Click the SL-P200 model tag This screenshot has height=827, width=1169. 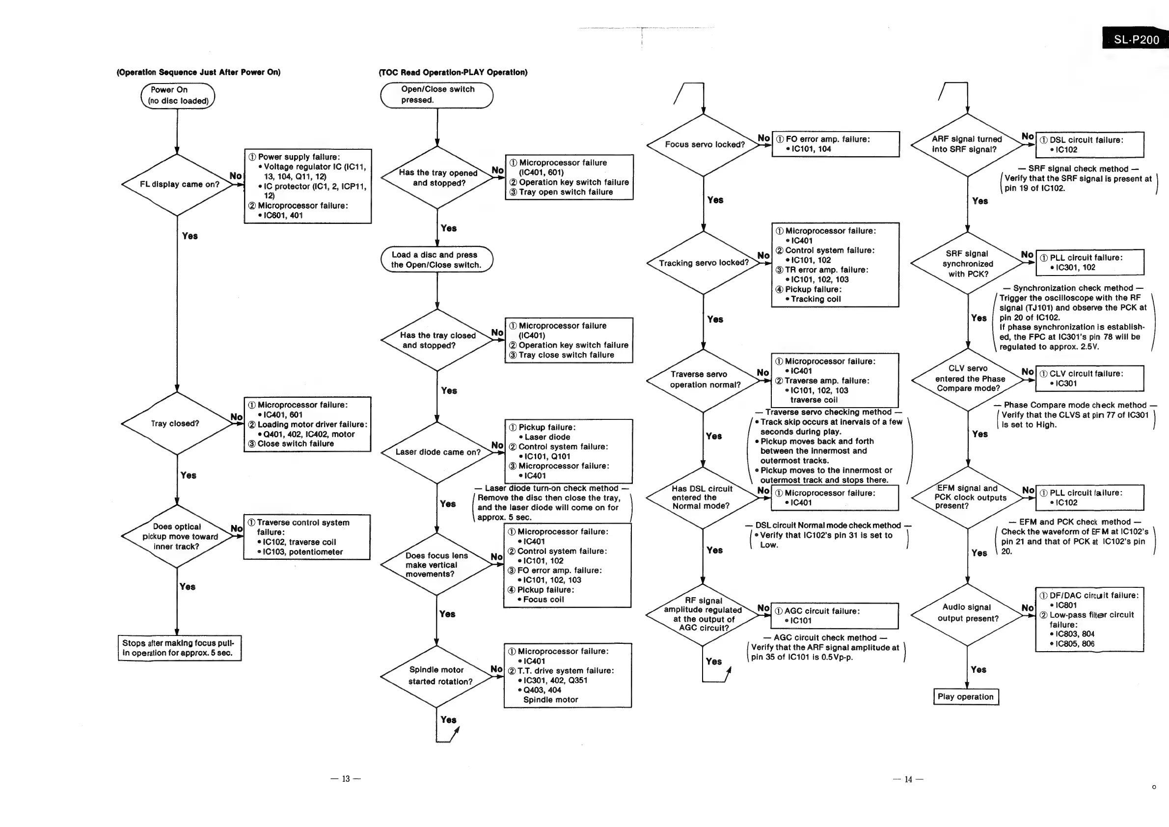pyautogui.click(x=1136, y=40)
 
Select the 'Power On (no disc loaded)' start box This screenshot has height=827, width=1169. pyautogui.click(x=178, y=96)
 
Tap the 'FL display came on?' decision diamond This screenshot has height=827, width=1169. pyautogui.click(x=178, y=184)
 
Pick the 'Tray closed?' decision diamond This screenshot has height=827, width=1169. pyautogui.click(x=176, y=423)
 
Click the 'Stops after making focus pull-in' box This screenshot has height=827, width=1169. pyautogui.click(x=179, y=648)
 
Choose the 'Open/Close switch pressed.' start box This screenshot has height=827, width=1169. pyautogui.click(x=437, y=95)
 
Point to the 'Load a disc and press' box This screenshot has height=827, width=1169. pyautogui.click(x=437, y=260)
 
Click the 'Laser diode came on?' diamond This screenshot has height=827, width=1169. pyautogui.click(x=437, y=452)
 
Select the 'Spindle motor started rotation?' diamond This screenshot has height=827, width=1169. pyautogui.click(x=437, y=676)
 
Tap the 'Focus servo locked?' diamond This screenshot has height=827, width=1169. pyautogui.click(x=704, y=144)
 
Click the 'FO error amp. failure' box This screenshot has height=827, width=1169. pyautogui.click(x=836, y=144)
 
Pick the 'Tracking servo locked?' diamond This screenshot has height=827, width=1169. pyautogui.click(x=704, y=263)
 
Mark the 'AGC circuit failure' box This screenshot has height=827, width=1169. pyautogui.click(x=835, y=616)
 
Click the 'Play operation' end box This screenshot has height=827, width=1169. pyautogui.click(x=966, y=697)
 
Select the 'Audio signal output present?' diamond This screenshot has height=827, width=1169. pyautogui.click(x=967, y=613)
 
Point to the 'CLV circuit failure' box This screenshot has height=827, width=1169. pyautogui.click(x=1090, y=378)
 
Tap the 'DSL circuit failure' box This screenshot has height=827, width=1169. pyautogui.click(x=1090, y=144)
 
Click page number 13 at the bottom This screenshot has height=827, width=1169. pyautogui.click(x=346, y=778)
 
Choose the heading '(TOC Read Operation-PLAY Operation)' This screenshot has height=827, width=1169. pyautogui.click(x=453, y=72)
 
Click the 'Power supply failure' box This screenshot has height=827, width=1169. pyautogui.click(x=307, y=186)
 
